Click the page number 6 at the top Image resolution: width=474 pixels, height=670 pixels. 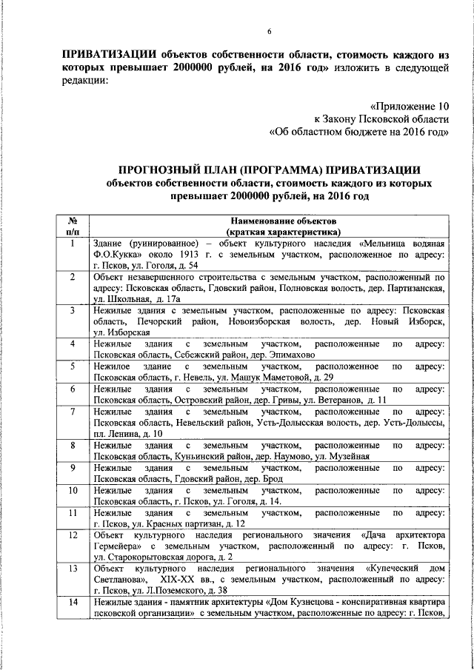(x=269, y=30)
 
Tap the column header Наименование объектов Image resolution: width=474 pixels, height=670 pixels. (x=267, y=221)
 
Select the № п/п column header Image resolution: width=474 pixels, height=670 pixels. (x=73, y=226)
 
